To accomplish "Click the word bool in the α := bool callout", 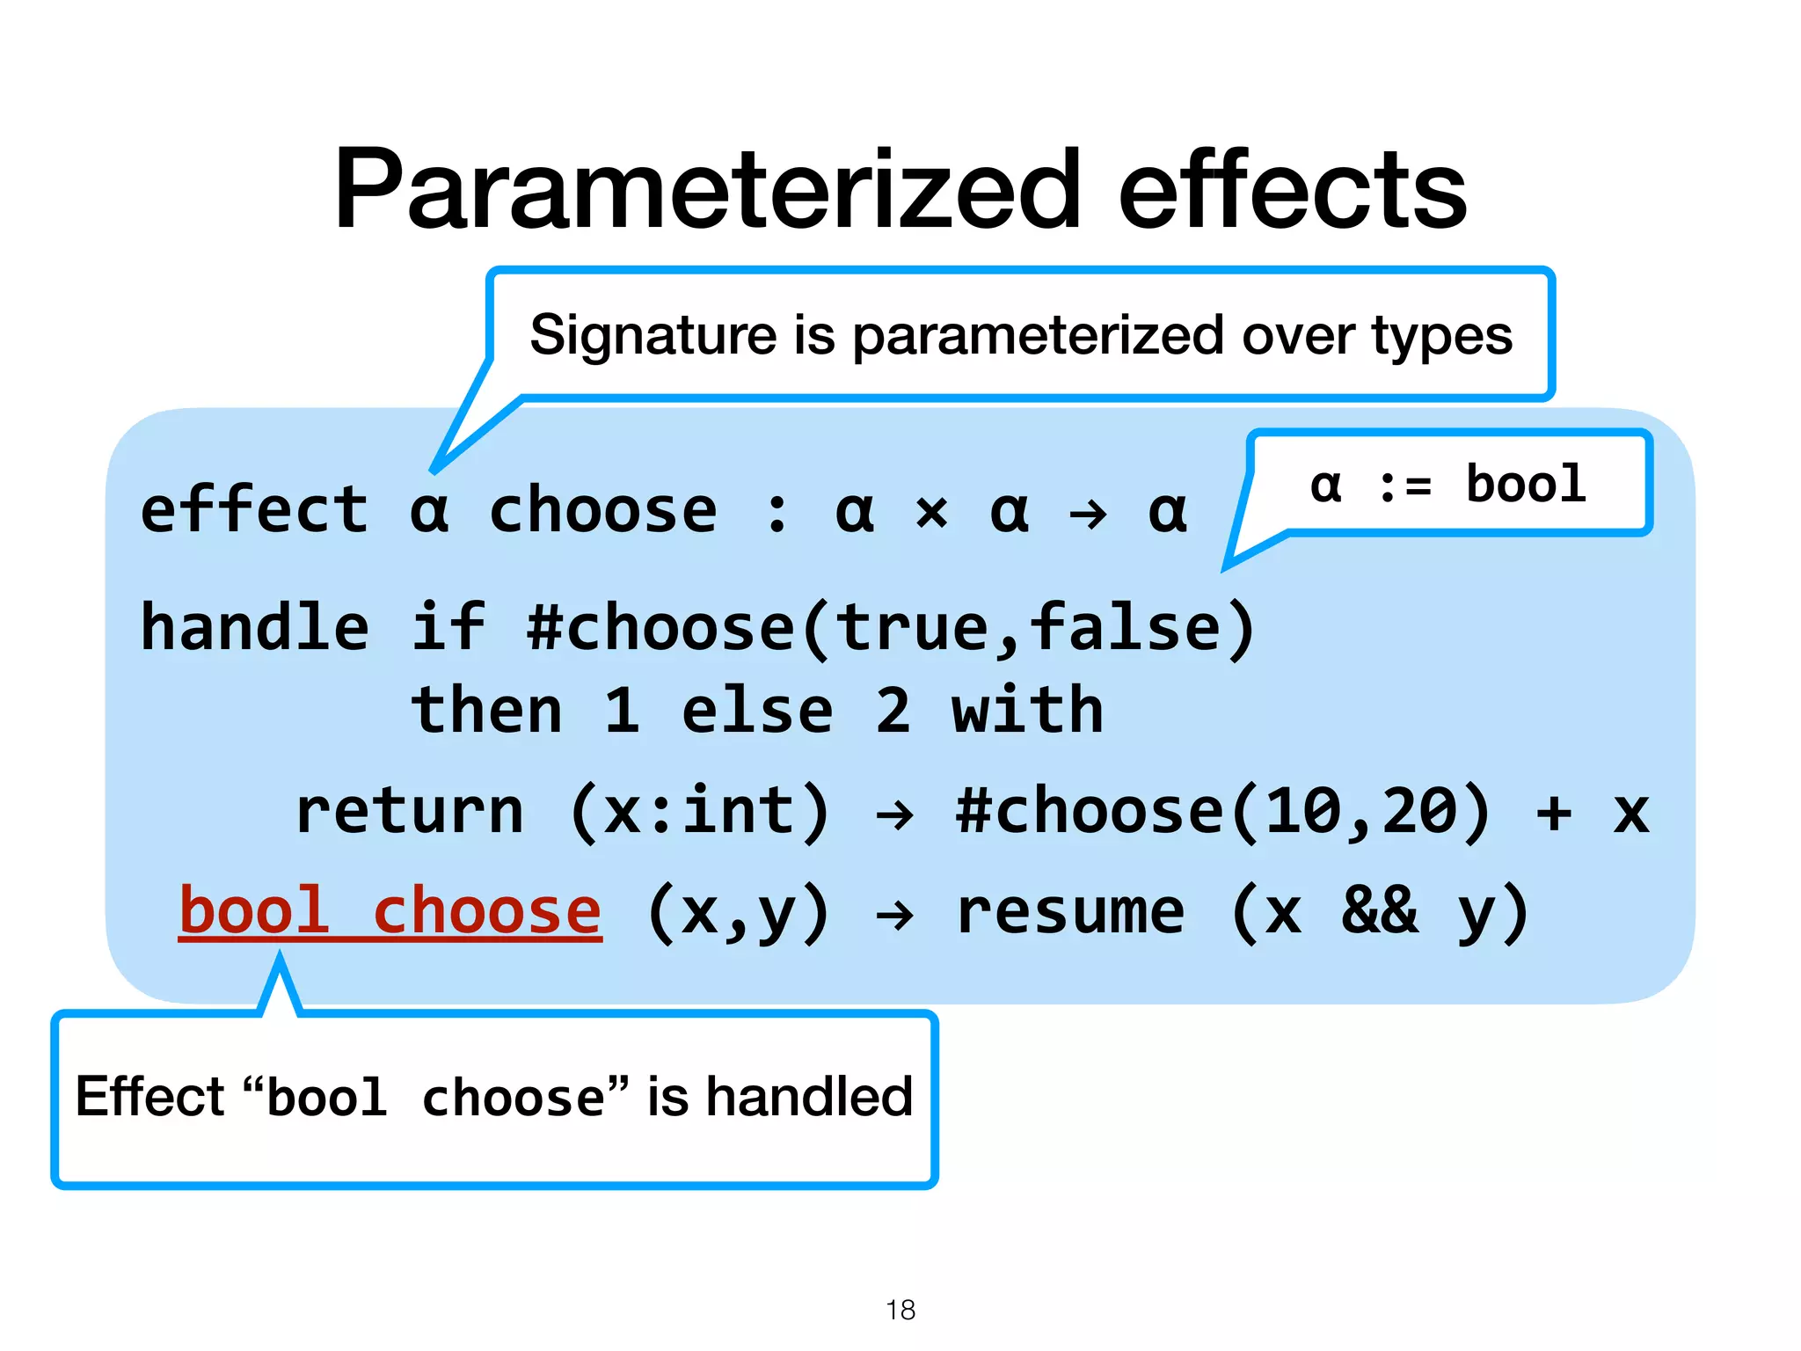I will (1526, 483).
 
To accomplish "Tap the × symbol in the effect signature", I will (932, 513).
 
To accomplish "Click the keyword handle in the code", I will (255, 627).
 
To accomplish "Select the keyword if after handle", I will (448, 627).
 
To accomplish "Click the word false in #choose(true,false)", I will (1126, 627).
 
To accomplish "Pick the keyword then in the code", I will (486, 711).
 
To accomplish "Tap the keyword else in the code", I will (757, 711).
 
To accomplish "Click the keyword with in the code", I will (1027, 711).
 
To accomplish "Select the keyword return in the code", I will (410, 811).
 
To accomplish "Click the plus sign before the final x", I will (1554, 812).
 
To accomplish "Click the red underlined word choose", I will (487, 911).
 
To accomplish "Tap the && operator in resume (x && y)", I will (1380, 911).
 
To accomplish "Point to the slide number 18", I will (900, 1310).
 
